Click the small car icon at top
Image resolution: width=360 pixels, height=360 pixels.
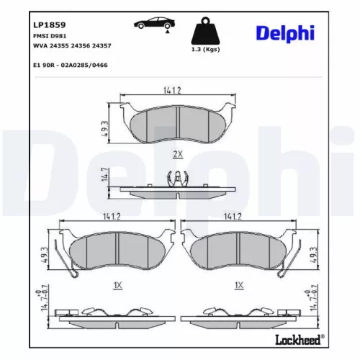pyautogui.click(x=150, y=24)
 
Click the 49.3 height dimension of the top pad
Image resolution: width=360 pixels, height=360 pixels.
pyautogui.click(x=105, y=127)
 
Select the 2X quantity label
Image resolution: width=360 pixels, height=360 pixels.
pyautogui.click(x=177, y=154)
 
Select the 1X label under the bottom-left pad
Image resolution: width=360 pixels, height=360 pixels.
pyautogui.click(x=117, y=285)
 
